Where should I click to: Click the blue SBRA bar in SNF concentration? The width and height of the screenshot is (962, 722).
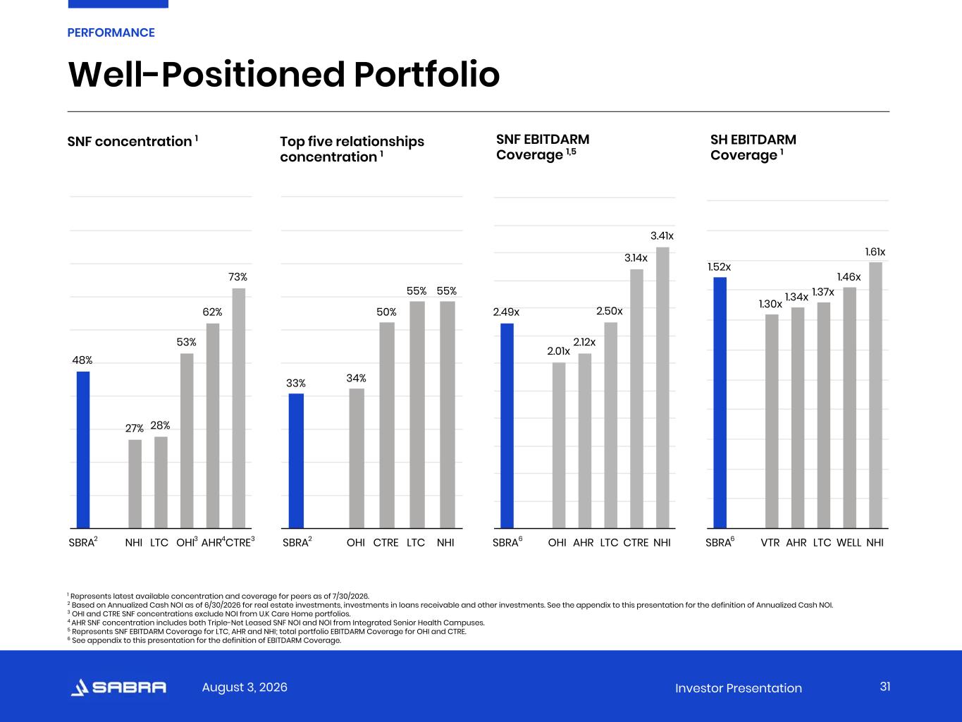coord(83,450)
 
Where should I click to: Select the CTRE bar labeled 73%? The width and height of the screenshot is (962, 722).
coord(239,408)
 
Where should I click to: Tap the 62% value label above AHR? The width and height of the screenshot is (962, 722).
coord(212,312)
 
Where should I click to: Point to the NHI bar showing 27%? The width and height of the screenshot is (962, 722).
coord(135,484)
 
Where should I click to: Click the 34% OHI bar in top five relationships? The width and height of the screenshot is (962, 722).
coord(357,458)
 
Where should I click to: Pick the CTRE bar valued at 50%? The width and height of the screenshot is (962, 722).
coord(387,425)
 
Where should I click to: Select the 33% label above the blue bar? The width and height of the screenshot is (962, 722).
coord(296,384)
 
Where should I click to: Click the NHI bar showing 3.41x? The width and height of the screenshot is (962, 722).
coord(662,388)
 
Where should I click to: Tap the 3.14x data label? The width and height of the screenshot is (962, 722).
coord(636,258)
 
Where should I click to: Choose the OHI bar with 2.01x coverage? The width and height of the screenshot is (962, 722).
coord(559,446)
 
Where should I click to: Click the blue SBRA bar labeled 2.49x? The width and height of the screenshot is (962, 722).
coord(507,426)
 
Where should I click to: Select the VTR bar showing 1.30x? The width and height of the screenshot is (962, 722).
coord(772,421)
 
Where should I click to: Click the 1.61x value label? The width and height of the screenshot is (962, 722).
coord(875,252)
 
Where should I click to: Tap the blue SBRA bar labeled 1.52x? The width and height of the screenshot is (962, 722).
coord(720,403)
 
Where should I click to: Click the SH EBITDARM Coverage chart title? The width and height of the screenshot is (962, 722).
coord(753,147)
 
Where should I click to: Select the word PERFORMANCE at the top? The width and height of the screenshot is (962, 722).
coord(111,33)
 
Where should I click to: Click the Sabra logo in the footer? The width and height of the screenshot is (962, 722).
coord(118,687)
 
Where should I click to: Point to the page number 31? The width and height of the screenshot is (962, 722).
coord(885,687)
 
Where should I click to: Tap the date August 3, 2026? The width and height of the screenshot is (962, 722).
coord(245,687)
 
